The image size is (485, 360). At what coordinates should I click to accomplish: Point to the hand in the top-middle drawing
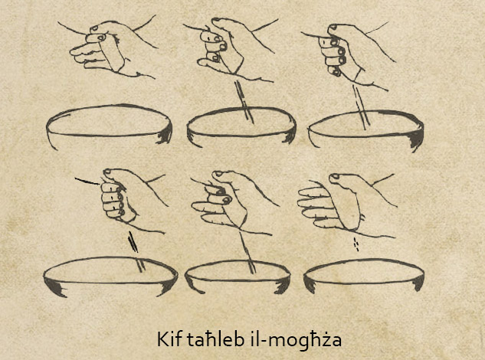click(229, 50)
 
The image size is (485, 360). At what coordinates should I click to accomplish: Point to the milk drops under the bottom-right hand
click(356, 244)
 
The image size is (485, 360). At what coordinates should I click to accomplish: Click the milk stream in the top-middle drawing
click(244, 102)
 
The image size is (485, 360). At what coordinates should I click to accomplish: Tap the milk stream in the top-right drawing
click(361, 108)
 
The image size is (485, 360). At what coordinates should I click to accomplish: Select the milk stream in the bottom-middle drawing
click(247, 253)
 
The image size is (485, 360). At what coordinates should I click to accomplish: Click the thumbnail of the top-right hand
click(333, 28)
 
